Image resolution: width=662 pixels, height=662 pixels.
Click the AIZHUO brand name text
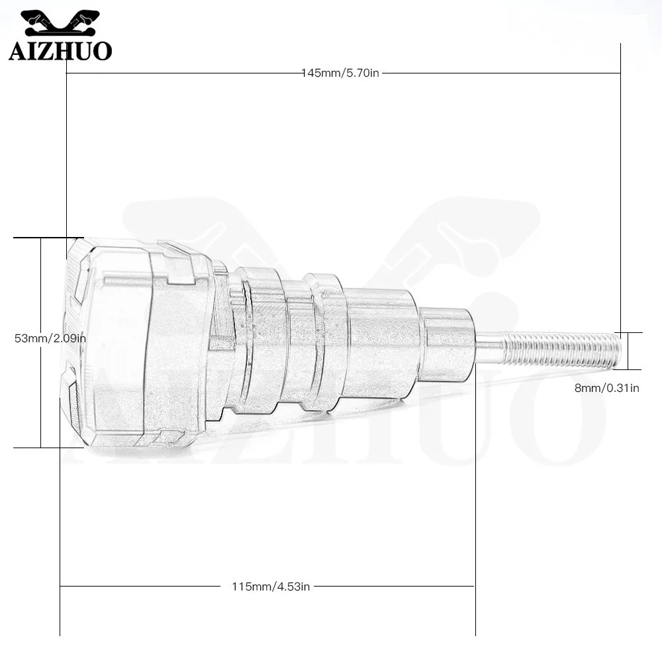point(60,51)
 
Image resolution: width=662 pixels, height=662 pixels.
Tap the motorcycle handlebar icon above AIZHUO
point(60,23)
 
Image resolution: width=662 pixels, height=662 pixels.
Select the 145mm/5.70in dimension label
point(340,73)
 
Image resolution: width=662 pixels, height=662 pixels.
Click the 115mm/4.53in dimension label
point(271,587)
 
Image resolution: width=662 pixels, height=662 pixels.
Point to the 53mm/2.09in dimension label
point(50,338)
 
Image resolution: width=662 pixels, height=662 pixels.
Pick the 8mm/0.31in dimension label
point(606,388)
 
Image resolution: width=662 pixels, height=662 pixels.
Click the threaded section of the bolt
point(561,349)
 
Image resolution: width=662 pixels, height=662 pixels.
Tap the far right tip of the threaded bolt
point(621,350)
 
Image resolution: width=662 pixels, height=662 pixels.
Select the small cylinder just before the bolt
point(448,343)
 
